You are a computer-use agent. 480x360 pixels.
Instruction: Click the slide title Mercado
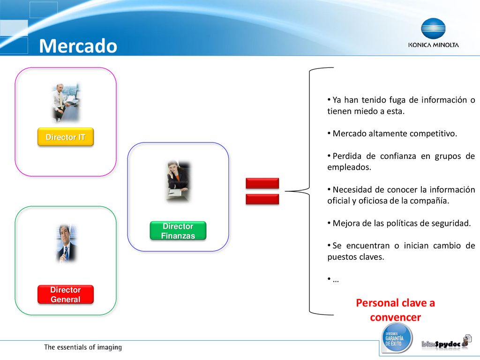78,46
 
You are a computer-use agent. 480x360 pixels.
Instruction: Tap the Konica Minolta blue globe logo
433,29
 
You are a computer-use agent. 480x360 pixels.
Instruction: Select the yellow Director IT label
66,137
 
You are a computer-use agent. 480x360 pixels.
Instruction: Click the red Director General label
66,294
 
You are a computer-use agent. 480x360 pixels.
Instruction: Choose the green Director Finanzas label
178,231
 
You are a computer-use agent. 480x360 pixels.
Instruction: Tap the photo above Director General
66,243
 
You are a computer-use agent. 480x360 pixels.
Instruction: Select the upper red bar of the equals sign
262,183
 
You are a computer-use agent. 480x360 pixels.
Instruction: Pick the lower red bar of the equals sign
262,199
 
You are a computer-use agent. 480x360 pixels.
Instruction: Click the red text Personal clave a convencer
395,310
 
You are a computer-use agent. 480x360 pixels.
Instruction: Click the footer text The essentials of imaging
83,347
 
